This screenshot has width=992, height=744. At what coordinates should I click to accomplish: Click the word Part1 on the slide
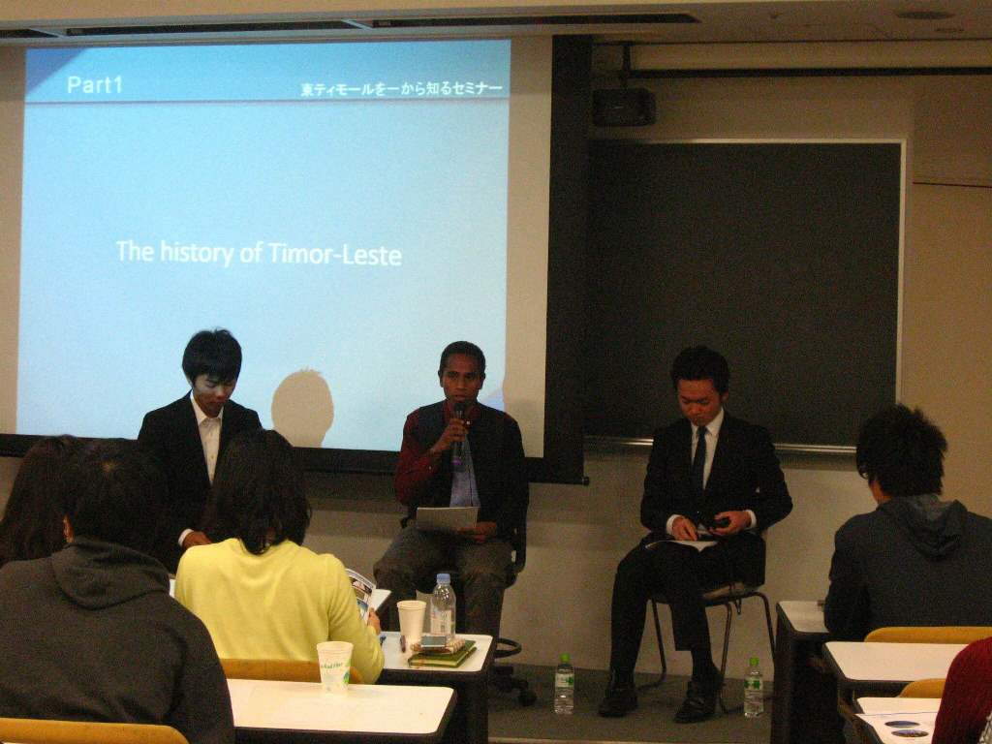pos(94,85)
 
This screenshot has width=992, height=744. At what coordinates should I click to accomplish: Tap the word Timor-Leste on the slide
pos(335,255)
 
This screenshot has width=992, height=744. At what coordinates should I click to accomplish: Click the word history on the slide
pos(196,253)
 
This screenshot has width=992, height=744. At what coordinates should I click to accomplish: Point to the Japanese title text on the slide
pos(402,89)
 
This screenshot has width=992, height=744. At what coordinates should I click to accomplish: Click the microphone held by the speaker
pos(458,432)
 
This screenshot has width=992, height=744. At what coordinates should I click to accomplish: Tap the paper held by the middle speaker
pos(447,518)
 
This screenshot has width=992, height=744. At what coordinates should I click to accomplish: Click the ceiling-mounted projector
pos(624,106)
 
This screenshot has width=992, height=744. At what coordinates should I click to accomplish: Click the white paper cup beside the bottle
pos(411,622)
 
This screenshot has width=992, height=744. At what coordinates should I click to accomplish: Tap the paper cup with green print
pos(334,666)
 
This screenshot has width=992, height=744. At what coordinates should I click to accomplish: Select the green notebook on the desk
pos(442,655)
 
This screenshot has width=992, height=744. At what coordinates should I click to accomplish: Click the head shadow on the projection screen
pos(302,407)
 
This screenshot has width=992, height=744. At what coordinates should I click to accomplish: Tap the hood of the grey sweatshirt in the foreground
pos(111,572)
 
